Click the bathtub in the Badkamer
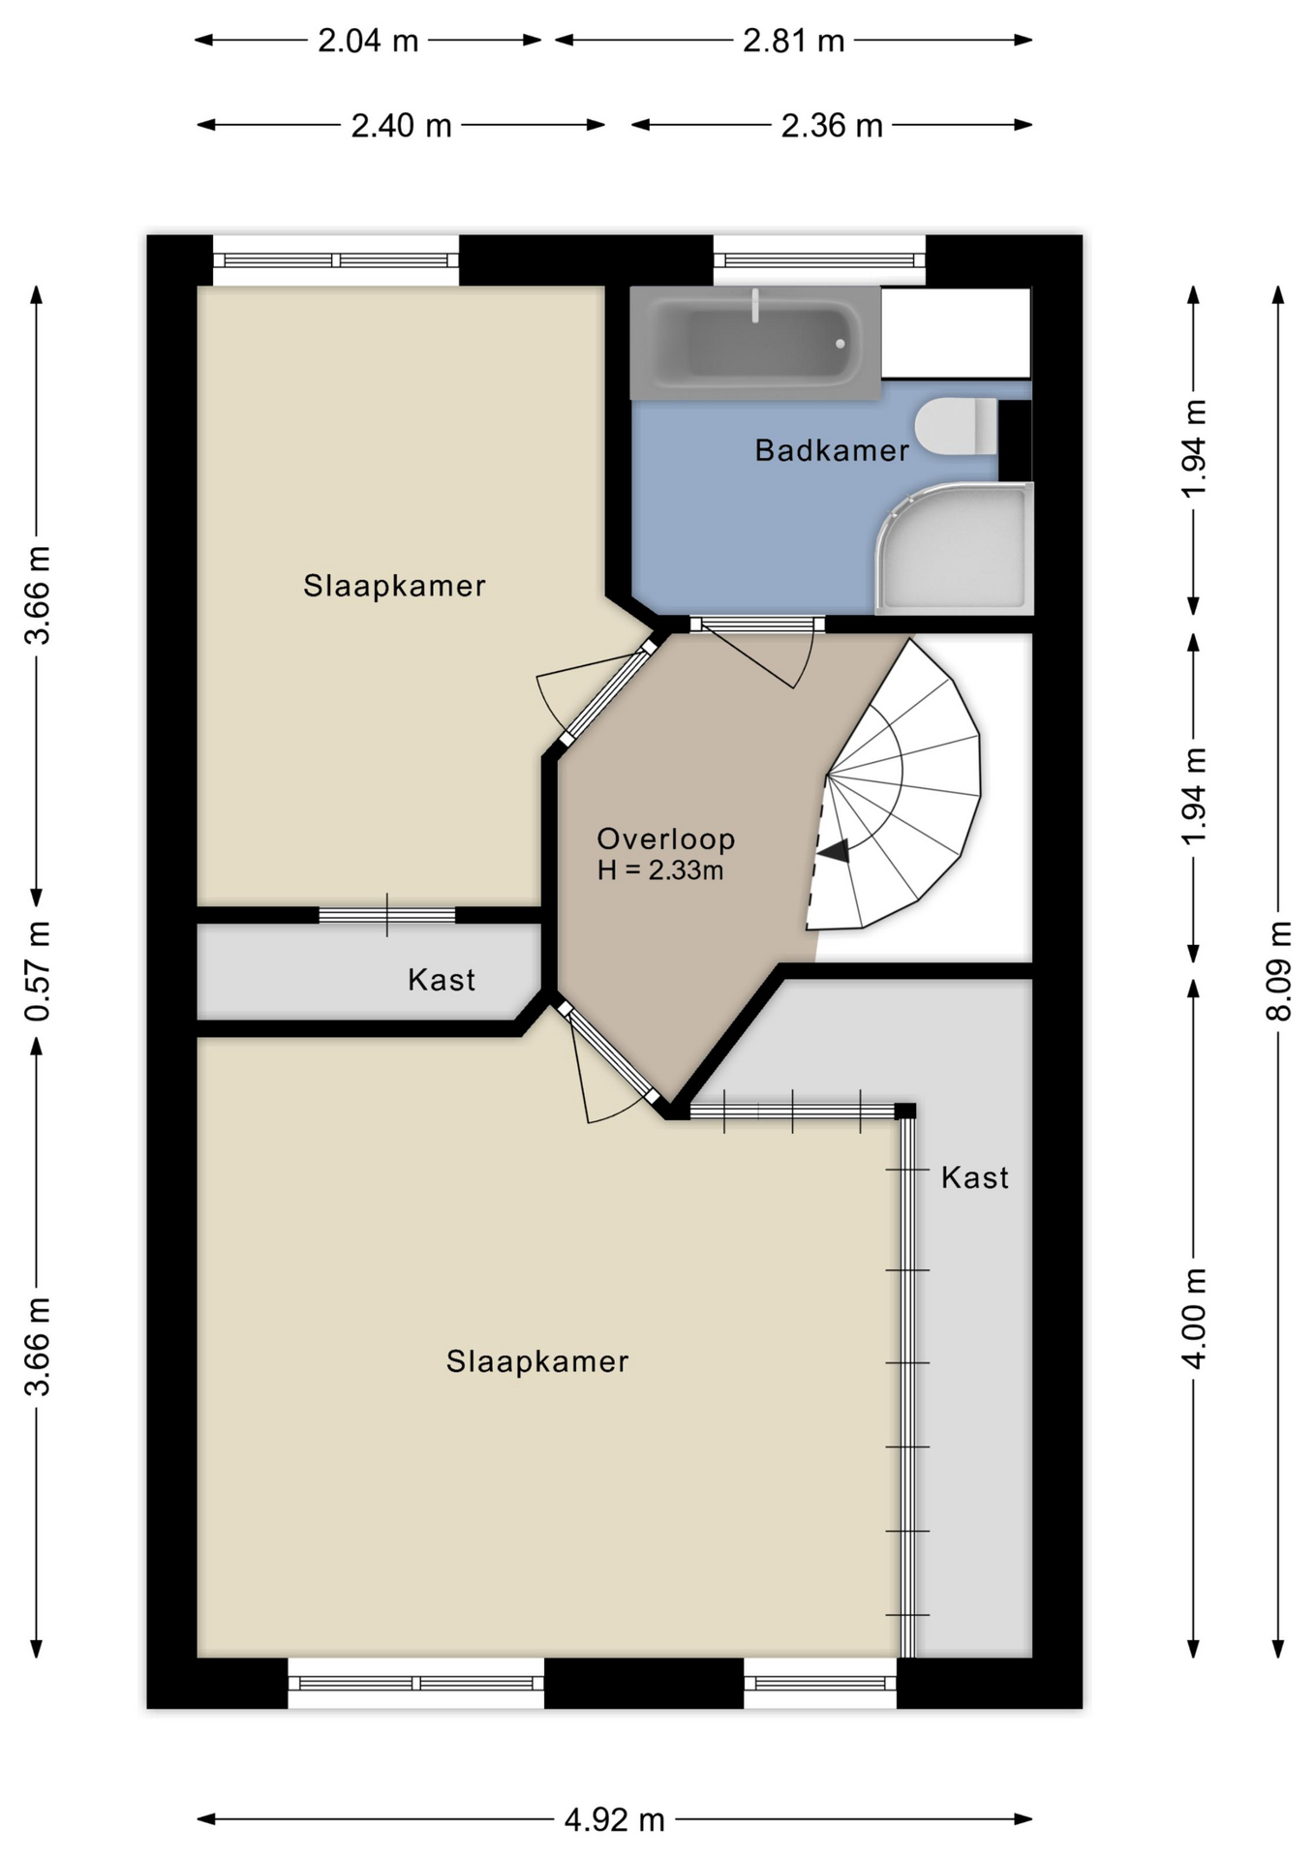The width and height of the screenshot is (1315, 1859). pos(755,343)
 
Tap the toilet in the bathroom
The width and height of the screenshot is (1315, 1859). pos(956,427)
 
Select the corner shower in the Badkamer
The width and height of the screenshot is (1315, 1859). pos(955,548)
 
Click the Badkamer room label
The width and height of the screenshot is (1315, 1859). pos(832,450)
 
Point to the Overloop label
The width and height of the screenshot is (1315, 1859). pos(666,838)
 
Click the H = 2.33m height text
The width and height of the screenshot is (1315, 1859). pos(660,870)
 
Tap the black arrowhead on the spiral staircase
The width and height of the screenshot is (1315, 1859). pos(834,851)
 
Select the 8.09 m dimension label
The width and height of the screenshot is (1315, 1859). pos(1278,971)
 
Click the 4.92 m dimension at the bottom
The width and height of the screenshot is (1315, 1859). pos(615,1820)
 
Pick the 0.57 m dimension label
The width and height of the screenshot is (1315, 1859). pos(38,971)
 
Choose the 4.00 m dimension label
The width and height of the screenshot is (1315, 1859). pos(1194,1318)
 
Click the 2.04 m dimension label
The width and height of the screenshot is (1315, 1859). pos(369,41)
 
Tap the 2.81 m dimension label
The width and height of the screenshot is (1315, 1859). pos(794,41)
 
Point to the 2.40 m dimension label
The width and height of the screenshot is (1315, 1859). pos(402,126)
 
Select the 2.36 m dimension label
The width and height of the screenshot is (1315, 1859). pos(833,126)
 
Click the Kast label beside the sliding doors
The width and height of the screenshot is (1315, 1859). pos(975,1177)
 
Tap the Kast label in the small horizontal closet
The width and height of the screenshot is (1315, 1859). pos(442,980)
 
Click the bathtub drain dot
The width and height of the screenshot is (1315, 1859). pos(841,344)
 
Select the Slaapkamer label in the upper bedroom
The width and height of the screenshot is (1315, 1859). pos(394,586)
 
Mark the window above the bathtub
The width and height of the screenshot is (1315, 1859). pos(820,259)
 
